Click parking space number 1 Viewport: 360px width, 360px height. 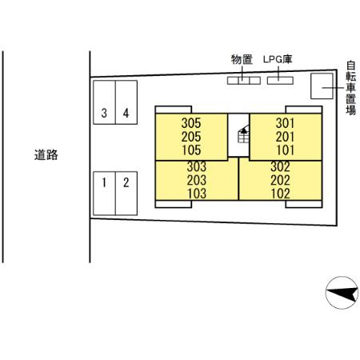103,182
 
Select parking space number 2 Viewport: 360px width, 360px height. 126,182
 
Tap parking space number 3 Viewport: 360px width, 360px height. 103,113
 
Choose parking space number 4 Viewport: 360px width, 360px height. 126,113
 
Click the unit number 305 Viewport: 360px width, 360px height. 191,123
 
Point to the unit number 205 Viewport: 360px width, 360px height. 191,136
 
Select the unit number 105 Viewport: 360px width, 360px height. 191,149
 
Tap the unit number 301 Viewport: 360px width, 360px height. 286,123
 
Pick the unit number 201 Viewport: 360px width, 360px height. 286,136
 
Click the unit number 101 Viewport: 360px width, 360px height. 286,149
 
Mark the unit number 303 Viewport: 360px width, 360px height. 197,167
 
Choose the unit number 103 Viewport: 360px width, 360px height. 197,193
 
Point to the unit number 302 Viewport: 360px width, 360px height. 279,167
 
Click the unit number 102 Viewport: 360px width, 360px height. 279,193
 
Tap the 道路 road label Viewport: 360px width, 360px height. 46,155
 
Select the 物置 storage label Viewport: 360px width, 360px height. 242,59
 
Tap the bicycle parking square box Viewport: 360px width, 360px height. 322,85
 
